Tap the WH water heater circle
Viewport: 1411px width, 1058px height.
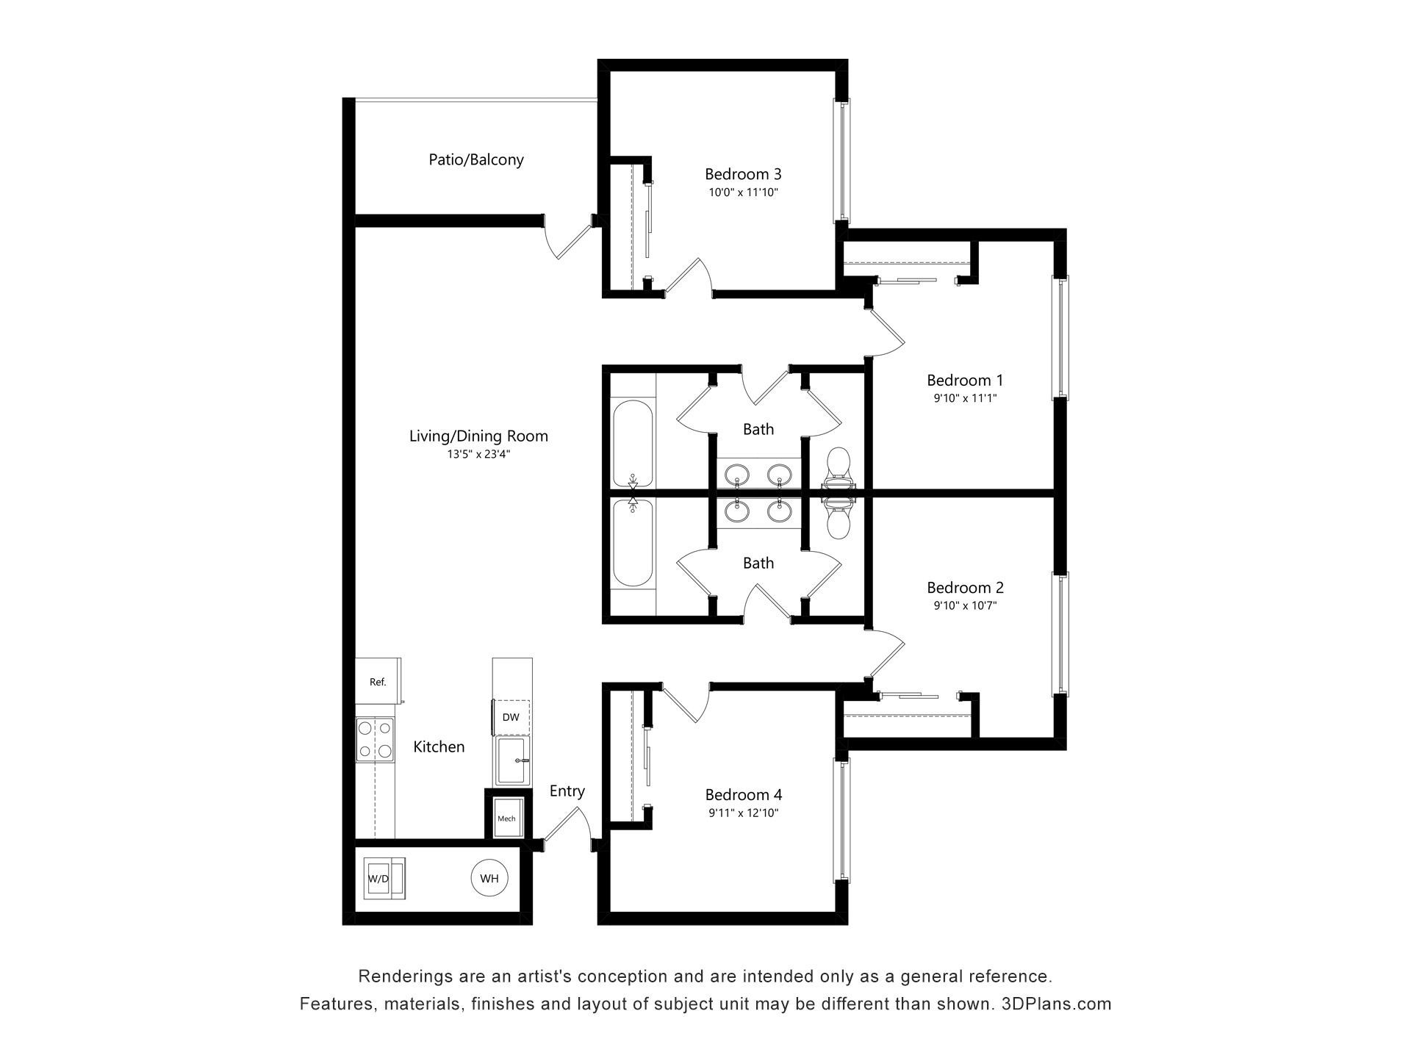click(x=489, y=878)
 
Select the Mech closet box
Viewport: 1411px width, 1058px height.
click(x=506, y=818)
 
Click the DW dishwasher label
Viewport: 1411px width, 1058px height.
click(x=511, y=717)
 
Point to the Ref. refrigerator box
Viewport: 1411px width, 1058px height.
click(x=378, y=681)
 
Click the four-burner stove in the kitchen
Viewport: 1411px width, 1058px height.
click(x=374, y=740)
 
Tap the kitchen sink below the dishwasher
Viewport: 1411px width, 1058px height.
click(x=511, y=760)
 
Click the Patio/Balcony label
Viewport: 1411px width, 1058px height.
click(x=476, y=159)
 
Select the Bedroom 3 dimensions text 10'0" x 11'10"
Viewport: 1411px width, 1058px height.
click(x=743, y=192)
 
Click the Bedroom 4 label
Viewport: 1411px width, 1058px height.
click(x=743, y=794)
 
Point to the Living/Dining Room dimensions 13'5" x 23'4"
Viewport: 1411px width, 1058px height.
click(x=478, y=454)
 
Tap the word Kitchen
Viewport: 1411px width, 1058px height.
click(x=439, y=746)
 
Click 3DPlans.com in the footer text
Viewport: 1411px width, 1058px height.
click(x=1056, y=1004)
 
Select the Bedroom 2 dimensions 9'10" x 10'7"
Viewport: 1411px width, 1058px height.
click(x=965, y=605)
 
